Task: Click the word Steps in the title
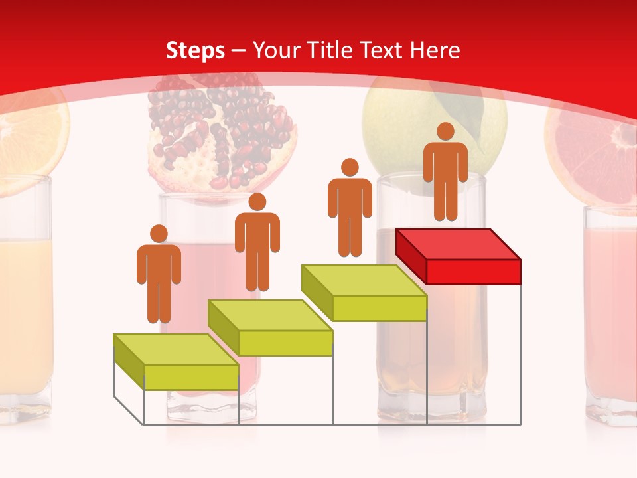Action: click(195, 50)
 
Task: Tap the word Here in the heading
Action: click(435, 50)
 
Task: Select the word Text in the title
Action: click(384, 50)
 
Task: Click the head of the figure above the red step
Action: click(445, 131)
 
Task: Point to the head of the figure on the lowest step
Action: click(159, 234)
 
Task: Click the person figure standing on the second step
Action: click(257, 242)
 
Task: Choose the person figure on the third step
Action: click(350, 207)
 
